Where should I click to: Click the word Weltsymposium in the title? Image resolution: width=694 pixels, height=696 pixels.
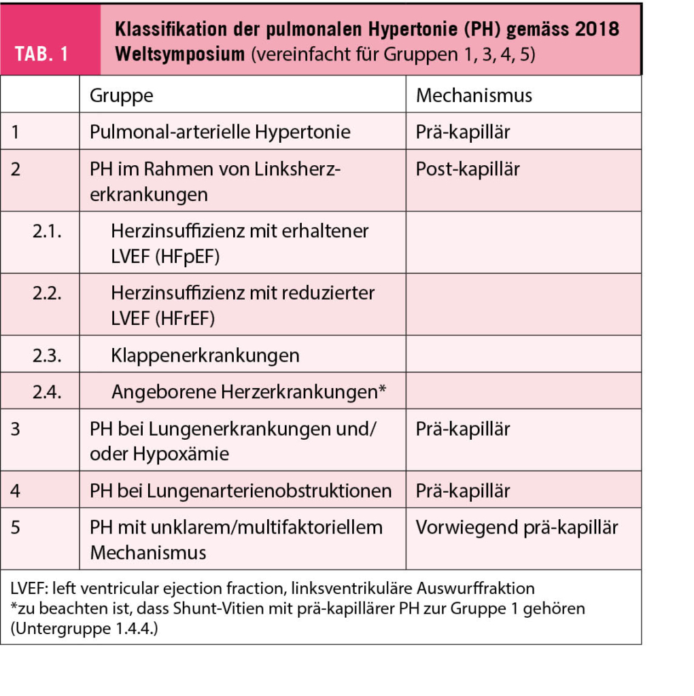(180, 54)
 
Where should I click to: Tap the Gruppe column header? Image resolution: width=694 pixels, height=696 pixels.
(121, 95)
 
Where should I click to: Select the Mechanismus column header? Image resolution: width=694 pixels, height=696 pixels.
(474, 95)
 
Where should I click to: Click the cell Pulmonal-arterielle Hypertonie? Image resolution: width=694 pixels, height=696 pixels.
(220, 132)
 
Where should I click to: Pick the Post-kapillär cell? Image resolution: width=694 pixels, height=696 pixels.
(468, 169)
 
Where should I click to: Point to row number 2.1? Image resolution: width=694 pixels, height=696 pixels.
(47, 231)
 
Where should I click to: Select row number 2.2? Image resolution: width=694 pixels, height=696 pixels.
(47, 294)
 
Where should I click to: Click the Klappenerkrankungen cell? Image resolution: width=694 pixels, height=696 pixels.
(205, 355)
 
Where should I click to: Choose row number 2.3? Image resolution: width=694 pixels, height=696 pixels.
(47, 355)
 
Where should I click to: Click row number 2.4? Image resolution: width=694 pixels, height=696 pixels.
(47, 392)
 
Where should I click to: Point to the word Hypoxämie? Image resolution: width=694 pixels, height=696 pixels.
(184, 453)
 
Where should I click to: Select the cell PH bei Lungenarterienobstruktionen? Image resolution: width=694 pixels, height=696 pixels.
(241, 491)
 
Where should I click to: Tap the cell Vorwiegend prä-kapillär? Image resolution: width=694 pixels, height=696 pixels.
(517, 527)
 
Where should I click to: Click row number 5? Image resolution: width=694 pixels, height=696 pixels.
(16, 527)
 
